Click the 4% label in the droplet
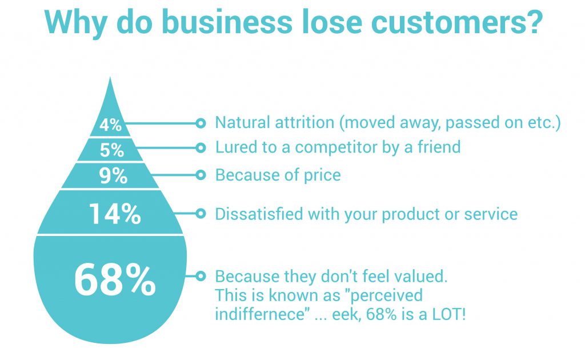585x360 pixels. pyautogui.click(x=110, y=125)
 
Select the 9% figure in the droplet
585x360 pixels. pyautogui.click(x=112, y=175)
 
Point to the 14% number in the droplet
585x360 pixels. pyautogui.click(x=114, y=214)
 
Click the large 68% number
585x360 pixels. pyautogui.click(x=115, y=279)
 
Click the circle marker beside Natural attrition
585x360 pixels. pyautogui.click(x=201, y=123)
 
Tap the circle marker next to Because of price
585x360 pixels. pyautogui.click(x=201, y=175)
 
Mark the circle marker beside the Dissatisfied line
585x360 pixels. pyautogui.click(x=201, y=214)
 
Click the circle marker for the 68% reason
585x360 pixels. pyautogui.click(x=201, y=277)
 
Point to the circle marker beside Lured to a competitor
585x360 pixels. pyautogui.click(x=201, y=147)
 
